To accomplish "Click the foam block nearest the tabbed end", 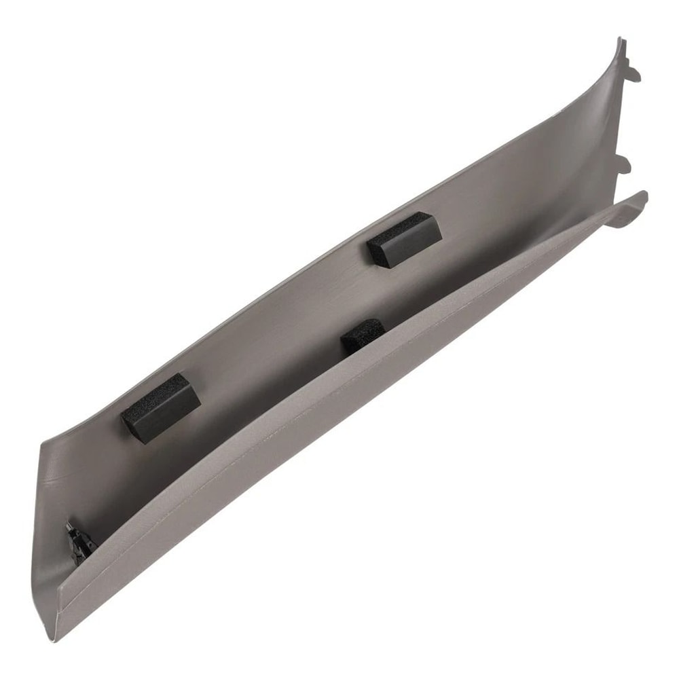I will (x=404, y=239).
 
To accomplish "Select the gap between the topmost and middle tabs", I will (x=621, y=115).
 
